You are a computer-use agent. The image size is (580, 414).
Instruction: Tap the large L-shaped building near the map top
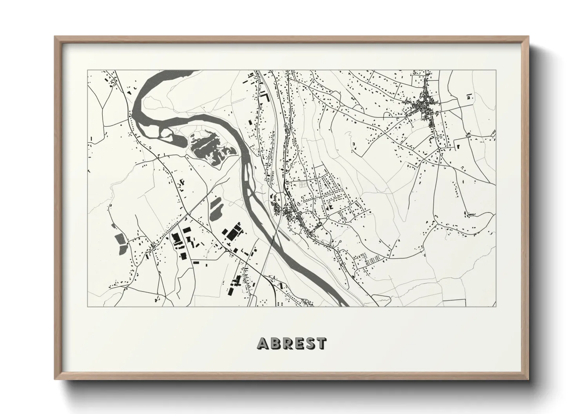266,97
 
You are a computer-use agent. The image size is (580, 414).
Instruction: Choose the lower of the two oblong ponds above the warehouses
215,213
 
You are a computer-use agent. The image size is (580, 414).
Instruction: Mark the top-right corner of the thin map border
496,70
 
